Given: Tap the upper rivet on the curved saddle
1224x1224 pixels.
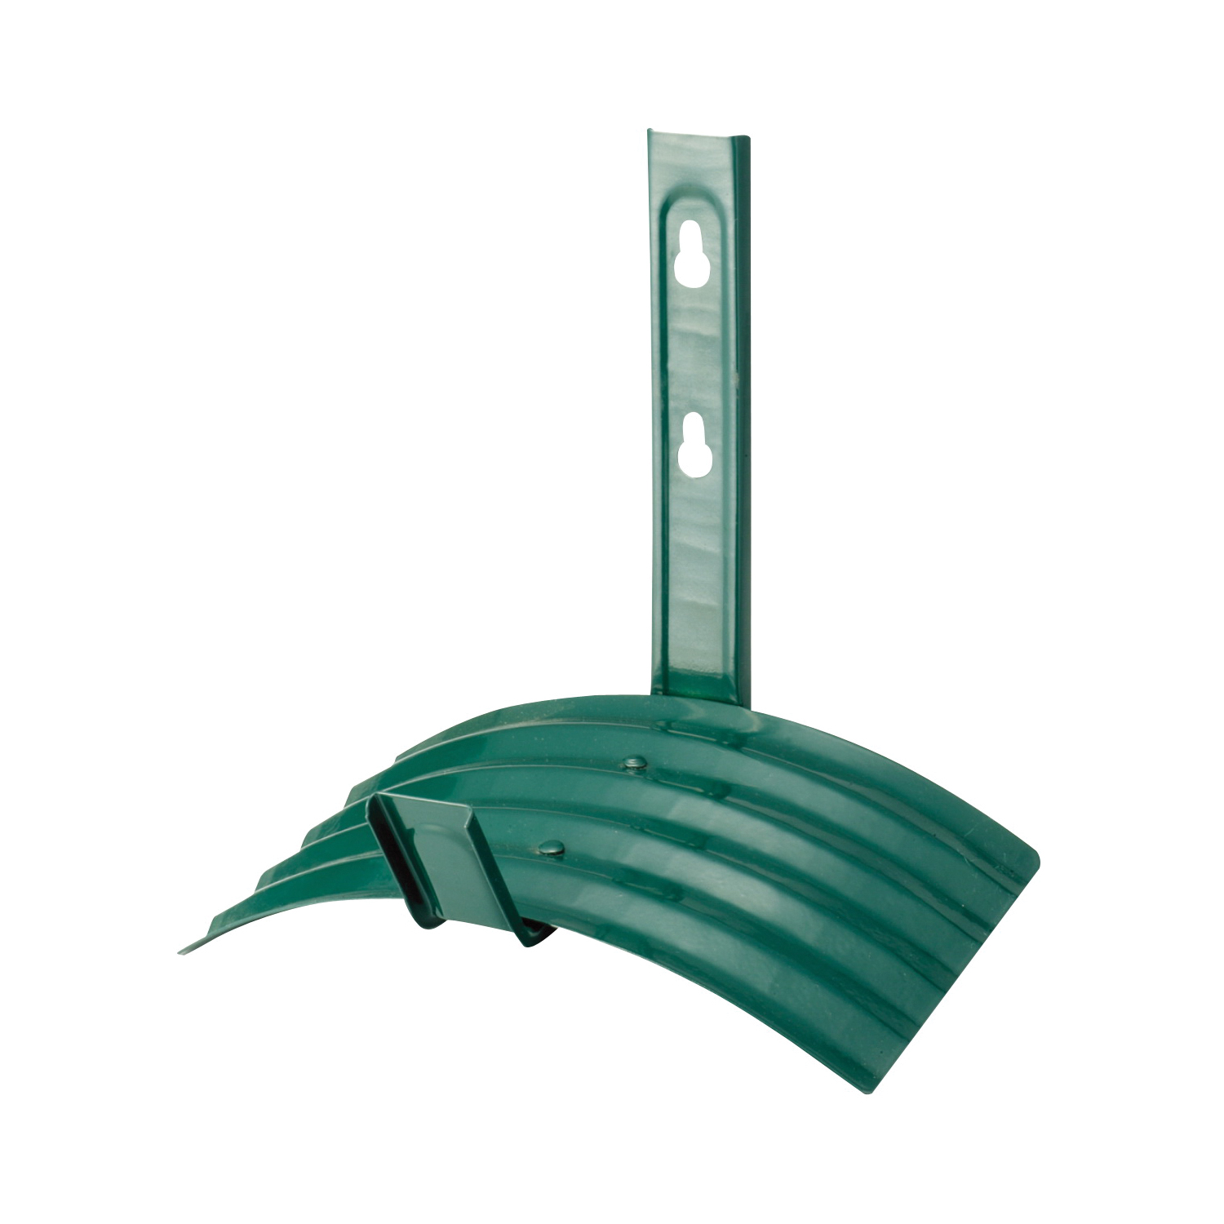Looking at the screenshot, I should click(632, 764).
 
